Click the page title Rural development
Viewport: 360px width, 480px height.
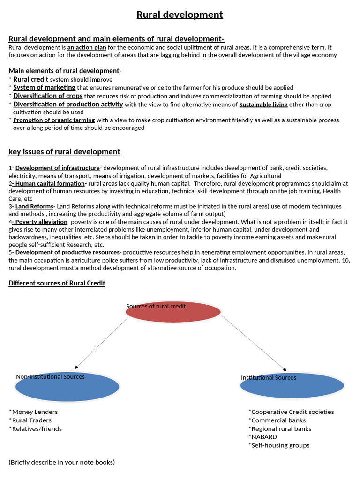(180, 15)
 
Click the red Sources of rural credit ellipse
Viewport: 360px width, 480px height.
(173, 313)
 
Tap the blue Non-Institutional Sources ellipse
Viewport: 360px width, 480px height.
(67, 386)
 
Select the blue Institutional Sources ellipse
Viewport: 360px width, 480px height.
(292, 385)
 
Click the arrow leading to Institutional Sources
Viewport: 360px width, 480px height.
(254, 343)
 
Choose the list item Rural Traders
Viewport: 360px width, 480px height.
(32, 420)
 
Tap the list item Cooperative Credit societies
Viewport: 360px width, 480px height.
(291, 412)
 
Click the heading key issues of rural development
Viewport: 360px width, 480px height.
(64, 152)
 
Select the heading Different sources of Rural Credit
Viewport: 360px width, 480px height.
(57, 283)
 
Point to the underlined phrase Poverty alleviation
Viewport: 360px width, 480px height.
(41, 222)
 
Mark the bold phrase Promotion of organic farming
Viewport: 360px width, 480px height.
(54, 120)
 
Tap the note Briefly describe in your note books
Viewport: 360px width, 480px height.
(61, 462)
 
